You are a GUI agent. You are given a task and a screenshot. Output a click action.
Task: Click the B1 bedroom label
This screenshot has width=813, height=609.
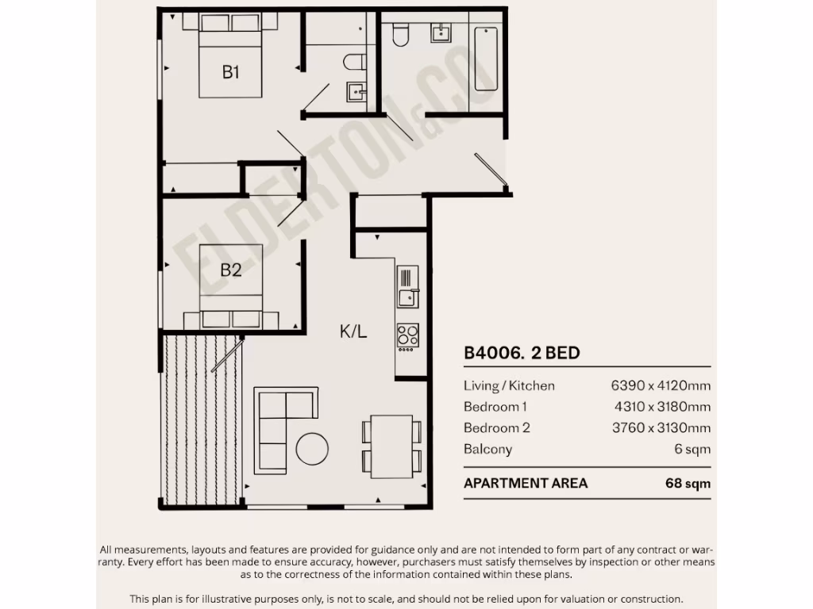coord(231,73)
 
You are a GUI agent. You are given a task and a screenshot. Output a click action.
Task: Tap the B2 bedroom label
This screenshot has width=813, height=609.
coord(231,270)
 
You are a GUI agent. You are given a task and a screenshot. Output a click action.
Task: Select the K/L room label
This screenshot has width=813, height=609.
coord(353,332)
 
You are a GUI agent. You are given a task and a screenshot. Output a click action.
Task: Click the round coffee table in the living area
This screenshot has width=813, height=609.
coord(312,449)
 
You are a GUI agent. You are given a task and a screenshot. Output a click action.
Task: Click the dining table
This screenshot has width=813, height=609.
coord(391,446)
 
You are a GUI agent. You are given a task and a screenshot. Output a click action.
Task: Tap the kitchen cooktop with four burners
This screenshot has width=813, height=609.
coord(408,336)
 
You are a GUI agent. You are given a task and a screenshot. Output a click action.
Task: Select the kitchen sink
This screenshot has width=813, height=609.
coord(407,297)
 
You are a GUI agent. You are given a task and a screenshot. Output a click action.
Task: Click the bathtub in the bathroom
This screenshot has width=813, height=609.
coord(486,59)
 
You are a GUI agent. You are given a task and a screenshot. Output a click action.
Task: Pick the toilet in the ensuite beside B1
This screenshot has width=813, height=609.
coord(355,62)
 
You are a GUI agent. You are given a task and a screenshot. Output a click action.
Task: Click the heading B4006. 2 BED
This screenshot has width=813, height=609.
coord(522,353)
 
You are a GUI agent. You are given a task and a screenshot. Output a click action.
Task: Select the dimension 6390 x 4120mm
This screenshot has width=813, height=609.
coord(661,386)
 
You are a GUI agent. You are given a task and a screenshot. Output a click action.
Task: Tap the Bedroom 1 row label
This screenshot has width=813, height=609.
coord(495,407)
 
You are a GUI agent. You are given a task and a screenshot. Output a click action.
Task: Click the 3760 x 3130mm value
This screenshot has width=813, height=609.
coord(661,428)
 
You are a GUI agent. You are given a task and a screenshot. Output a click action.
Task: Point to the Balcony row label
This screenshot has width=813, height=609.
coord(487,450)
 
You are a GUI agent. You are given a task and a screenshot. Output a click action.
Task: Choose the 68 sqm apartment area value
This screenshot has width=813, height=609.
coord(688,483)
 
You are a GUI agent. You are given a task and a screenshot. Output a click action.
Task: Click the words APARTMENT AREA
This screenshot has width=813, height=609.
coord(526,483)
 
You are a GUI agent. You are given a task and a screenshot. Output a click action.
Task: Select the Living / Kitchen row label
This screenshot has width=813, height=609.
coord(509,386)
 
